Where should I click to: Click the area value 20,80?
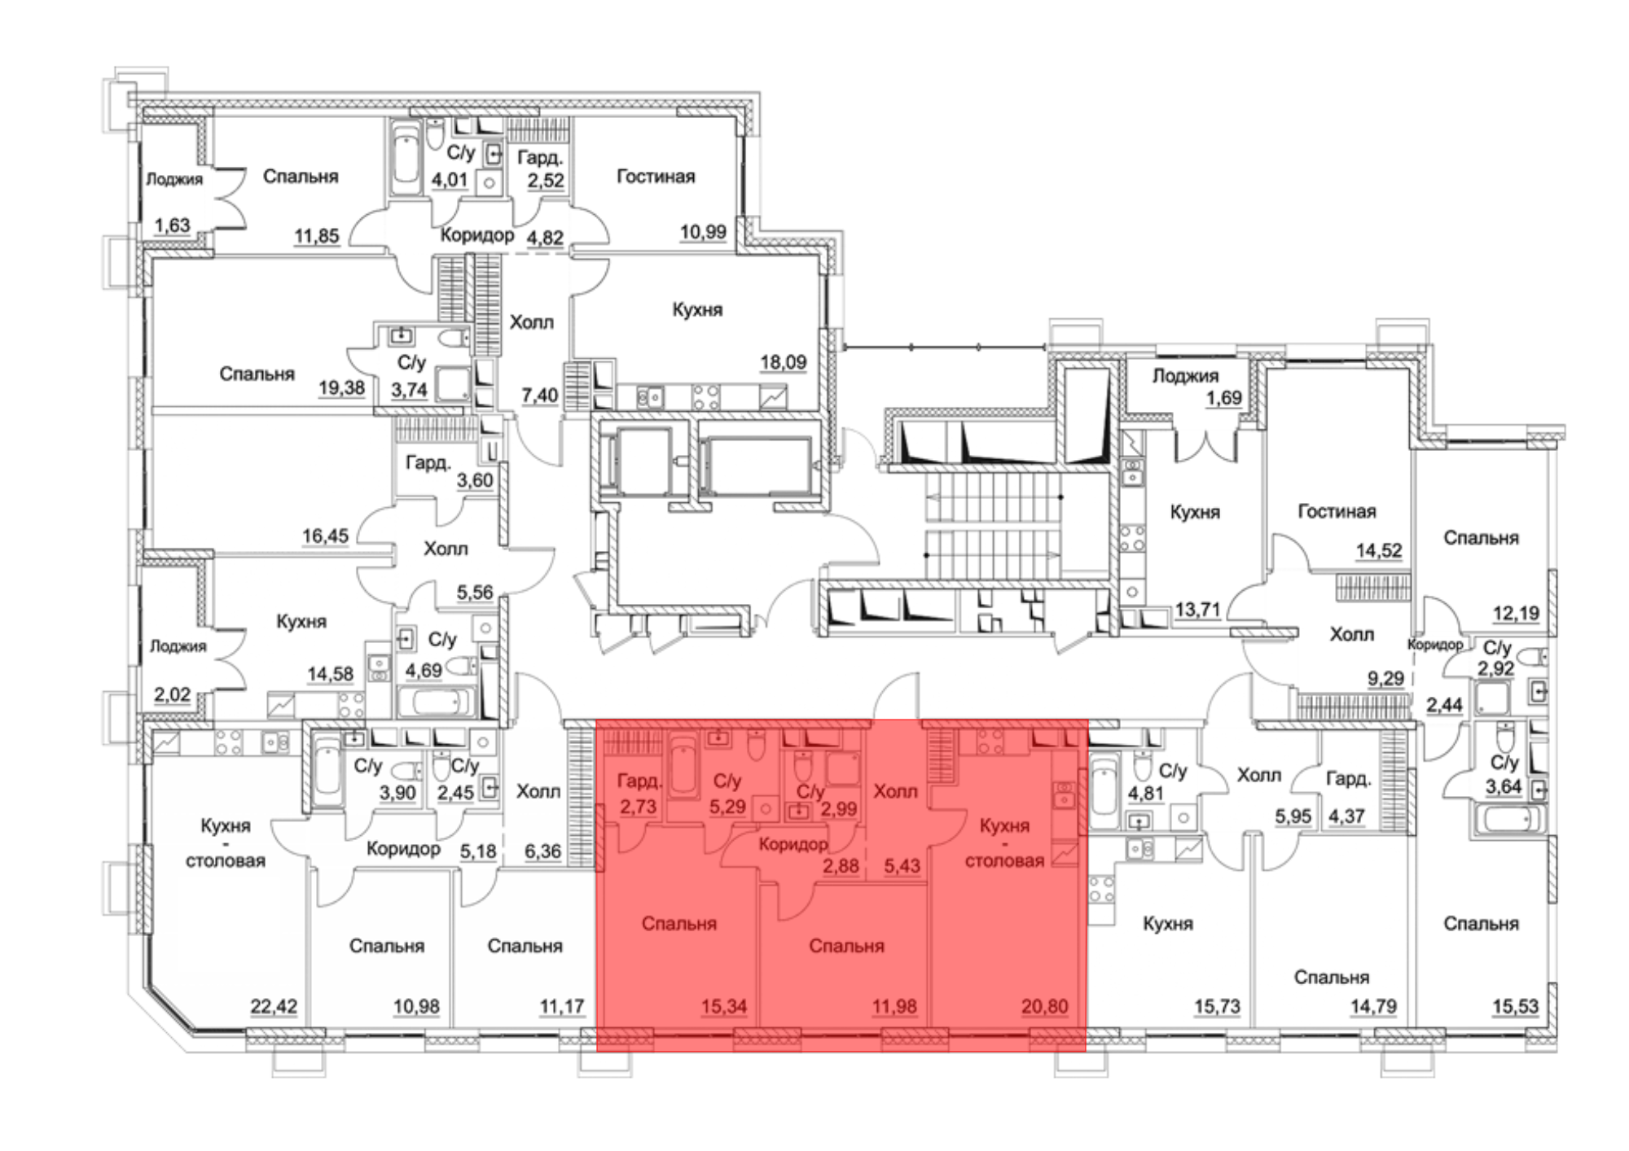1044,1007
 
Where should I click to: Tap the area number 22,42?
274,1007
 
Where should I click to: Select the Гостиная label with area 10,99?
656,177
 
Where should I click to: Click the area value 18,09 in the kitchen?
783,362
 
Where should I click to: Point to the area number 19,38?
341,388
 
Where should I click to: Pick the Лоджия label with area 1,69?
1185,376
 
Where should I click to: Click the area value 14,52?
1379,551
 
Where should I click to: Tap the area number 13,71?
1197,610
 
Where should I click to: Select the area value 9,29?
1385,678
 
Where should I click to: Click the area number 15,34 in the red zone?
724,1007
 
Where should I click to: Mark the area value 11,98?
894,1007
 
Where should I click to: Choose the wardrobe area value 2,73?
638,807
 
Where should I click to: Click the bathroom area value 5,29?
727,807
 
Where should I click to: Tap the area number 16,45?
325,536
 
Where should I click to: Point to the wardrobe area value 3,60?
475,481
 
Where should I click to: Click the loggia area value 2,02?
172,696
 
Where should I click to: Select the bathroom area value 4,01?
449,180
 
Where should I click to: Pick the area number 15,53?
1516,1007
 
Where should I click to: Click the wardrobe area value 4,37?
1346,816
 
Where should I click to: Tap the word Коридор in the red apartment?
793,845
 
